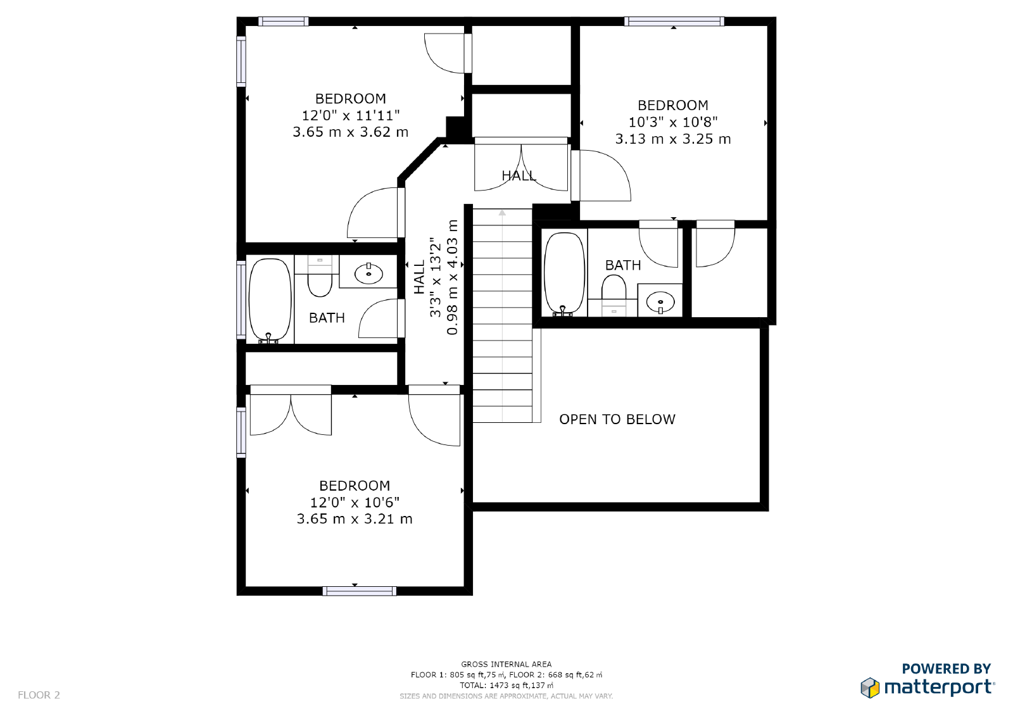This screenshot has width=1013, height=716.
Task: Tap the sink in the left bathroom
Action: (368, 274)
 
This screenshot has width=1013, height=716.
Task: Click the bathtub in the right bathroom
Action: (564, 273)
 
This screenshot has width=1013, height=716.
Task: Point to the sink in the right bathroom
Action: (660, 302)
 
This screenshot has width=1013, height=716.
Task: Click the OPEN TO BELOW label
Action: (617, 419)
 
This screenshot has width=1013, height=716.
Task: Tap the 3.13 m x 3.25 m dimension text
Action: (672, 139)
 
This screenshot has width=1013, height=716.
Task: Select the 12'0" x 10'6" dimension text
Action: (354, 502)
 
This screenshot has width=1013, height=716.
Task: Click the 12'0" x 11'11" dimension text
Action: (350, 115)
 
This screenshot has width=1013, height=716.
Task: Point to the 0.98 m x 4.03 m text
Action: (452, 277)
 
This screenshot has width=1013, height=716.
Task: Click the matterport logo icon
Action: (870, 688)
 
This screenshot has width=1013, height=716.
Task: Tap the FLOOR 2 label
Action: (39, 695)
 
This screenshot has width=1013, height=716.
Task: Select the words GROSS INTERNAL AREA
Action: (506, 664)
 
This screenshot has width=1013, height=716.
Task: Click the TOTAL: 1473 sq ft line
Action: (506, 685)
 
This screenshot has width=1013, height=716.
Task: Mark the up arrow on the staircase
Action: (502, 213)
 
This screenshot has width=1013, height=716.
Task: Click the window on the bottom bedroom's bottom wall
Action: (359, 591)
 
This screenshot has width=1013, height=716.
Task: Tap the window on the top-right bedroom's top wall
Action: (674, 22)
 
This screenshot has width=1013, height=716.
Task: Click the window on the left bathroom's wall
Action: (241, 299)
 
